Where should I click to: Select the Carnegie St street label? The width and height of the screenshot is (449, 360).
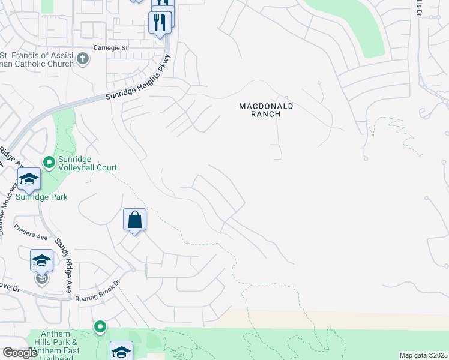(x=111, y=47)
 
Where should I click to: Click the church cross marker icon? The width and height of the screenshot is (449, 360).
(x=83, y=59)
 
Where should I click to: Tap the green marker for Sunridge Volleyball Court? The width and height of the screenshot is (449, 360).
(x=49, y=161)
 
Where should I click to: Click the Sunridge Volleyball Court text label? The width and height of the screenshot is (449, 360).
(x=88, y=164)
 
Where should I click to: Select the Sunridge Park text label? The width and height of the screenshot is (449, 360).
(x=42, y=197)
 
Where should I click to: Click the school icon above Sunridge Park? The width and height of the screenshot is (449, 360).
(x=29, y=179)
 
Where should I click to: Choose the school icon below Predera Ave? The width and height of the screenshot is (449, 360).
(x=41, y=260)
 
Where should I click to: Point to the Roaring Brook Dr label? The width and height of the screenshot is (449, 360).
(x=98, y=290)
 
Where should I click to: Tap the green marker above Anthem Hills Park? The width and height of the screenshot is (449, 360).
(x=100, y=327)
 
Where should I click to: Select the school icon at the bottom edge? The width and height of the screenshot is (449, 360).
(x=121, y=351)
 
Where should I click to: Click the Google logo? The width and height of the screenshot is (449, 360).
(x=20, y=353)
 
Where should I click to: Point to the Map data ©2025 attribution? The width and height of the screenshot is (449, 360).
(x=423, y=355)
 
